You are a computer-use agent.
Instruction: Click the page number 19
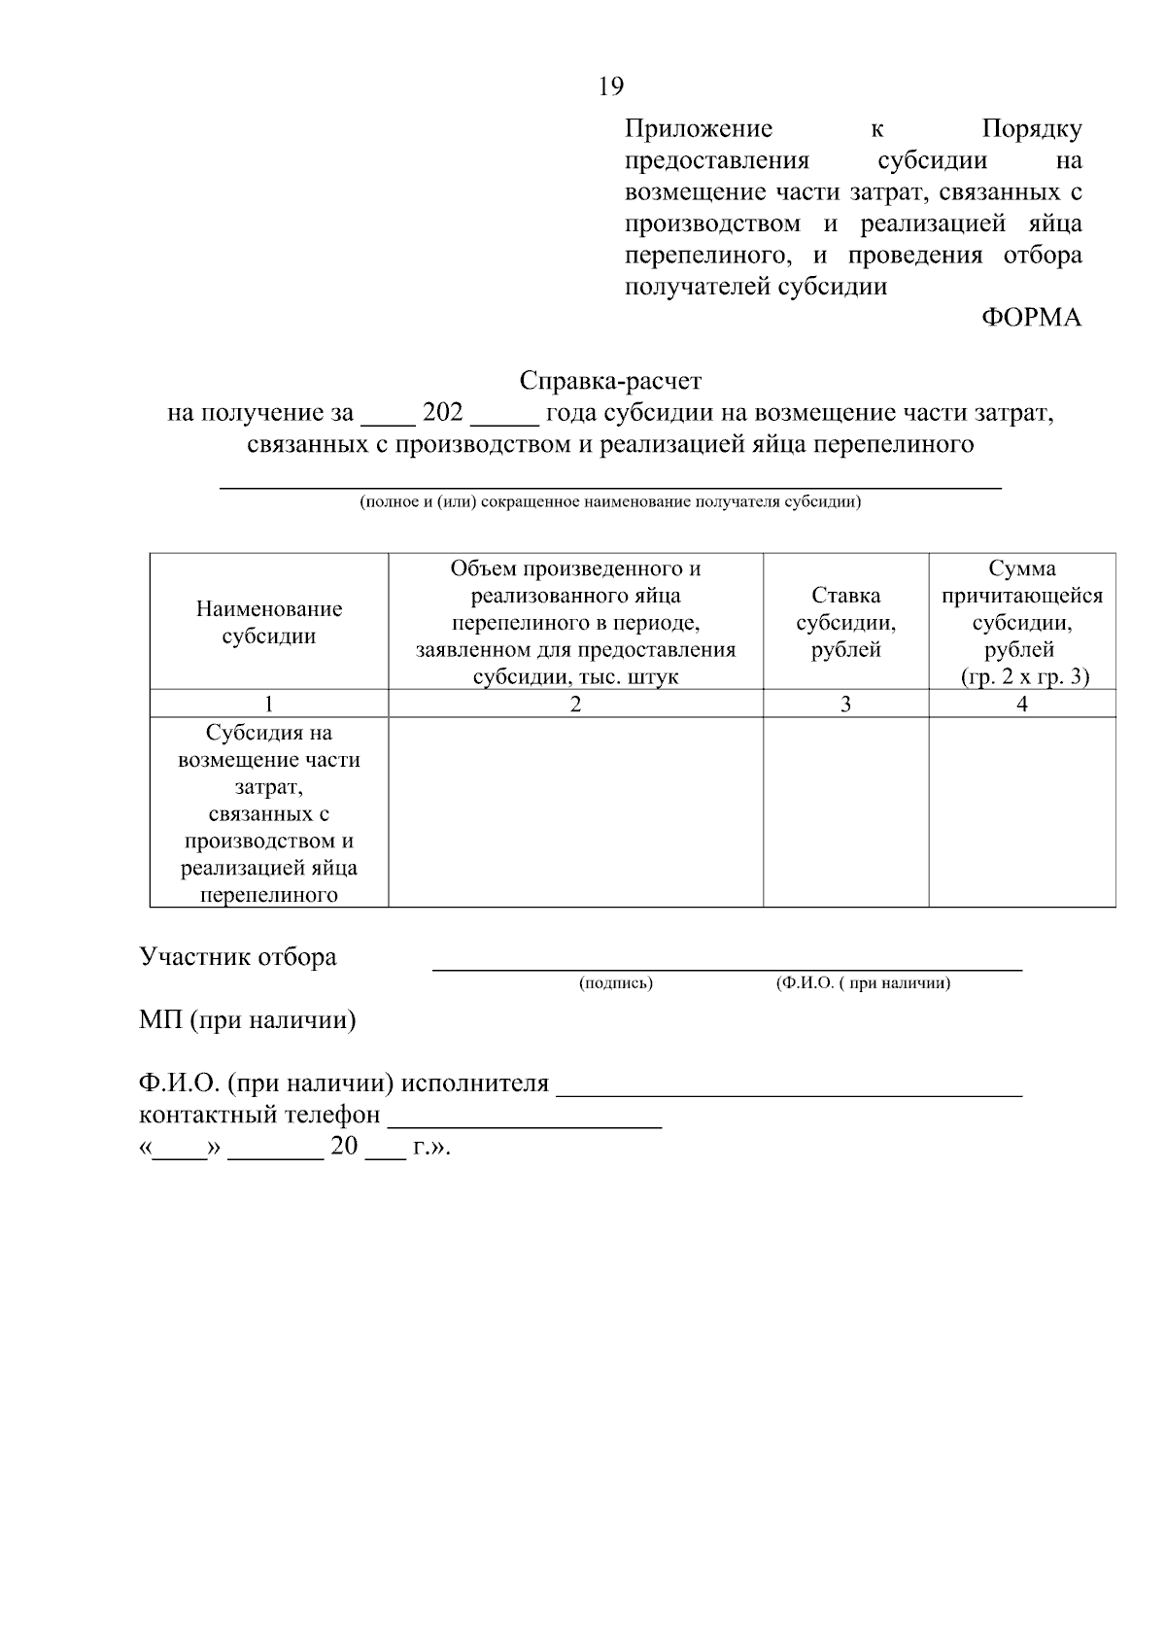pyautogui.click(x=610, y=86)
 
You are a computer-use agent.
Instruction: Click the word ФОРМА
pyautogui.click(x=1031, y=319)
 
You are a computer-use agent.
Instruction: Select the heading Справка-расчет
pyautogui.click(x=609, y=380)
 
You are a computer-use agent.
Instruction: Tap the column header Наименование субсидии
pyautogui.click(x=269, y=623)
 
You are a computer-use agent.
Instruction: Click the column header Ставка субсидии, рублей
pyautogui.click(x=845, y=623)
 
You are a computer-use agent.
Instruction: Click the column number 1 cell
pyautogui.click(x=269, y=705)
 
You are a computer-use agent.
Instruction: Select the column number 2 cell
pyautogui.click(x=575, y=705)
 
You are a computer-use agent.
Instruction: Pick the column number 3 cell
pyautogui.click(x=845, y=705)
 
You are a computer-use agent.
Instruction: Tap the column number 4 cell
pyautogui.click(x=1022, y=705)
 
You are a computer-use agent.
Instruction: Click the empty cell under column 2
pyautogui.click(x=575, y=812)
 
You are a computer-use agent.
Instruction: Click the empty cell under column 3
pyautogui.click(x=845, y=812)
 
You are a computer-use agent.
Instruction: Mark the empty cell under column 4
pyautogui.click(x=1022, y=812)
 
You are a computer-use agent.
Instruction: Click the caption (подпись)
pyautogui.click(x=616, y=983)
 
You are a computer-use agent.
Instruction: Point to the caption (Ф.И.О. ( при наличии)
pyautogui.click(x=863, y=983)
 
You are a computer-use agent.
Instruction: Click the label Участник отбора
pyautogui.click(x=238, y=957)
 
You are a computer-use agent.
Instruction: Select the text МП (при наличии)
pyautogui.click(x=248, y=1020)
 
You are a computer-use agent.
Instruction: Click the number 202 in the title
pyautogui.click(x=443, y=413)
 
